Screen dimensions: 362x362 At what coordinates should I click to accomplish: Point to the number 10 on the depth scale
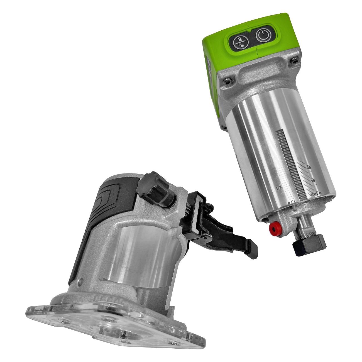(x=313, y=180)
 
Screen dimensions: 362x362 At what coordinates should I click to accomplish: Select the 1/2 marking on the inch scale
(x=278, y=188)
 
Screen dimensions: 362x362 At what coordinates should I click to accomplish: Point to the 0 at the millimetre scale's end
(x=321, y=193)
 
